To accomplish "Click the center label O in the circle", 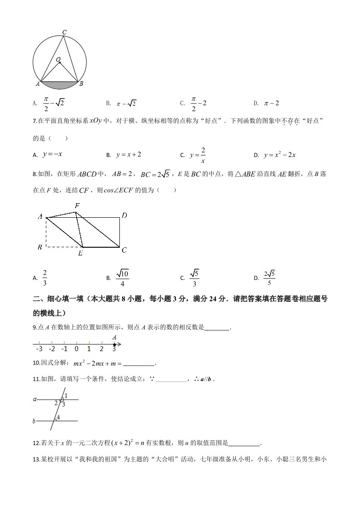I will click(x=58, y=59).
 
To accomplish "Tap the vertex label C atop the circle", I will click(x=64, y=32).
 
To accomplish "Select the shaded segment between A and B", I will click(x=59, y=84).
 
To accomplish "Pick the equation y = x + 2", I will click(x=128, y=155).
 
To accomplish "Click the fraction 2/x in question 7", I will click(x=203, y=155).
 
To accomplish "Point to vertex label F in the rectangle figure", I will click(x=78, y=206).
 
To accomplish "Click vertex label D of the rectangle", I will click(x=124, y=216).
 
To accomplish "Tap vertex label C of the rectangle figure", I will click(x=124, y=250).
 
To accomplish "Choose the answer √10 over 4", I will click(x=123, y=278).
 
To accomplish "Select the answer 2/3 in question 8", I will click(x=45, y=278).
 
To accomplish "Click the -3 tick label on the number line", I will click(x=39, y=348).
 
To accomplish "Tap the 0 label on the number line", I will click(x=76, y=348).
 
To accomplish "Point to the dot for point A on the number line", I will click(x=114, y=344).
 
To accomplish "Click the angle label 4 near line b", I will click(x=59, y=417).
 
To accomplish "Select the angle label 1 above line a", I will click(x=66, y=396).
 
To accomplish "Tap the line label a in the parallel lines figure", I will click(x=35, y=400).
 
